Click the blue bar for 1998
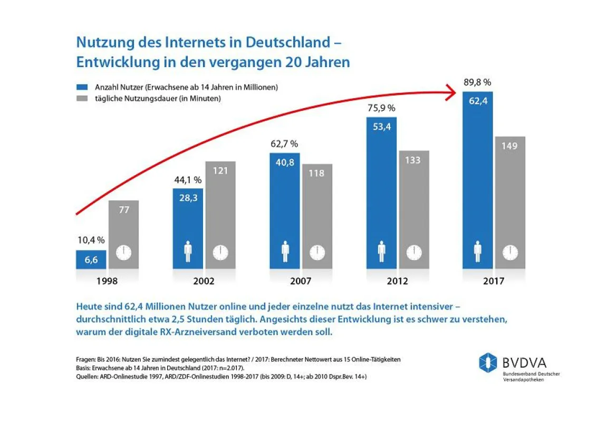click(x=91, y=260)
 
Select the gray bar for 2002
click(x=220, y=215)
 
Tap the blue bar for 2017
click(x=478, y=180)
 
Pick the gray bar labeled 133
click(x=414, y=210)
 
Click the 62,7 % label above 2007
click(x=284, y=144)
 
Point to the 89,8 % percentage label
click(x=477, y=82)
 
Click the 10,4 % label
click(x=91, y=241)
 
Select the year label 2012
click(x=397, y=281)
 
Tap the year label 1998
click(x=107, y=281)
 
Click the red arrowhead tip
click(x=455, y=92)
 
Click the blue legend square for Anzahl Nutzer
click(x=82, y=87)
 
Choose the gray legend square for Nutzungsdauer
click(x=82, y=98)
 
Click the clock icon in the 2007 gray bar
click(x=317, y=253)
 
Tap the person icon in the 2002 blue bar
click(x=188, y=252)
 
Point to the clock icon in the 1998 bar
click(x=123, y=253)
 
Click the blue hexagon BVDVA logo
click(x=488, y=362)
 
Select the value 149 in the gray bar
click(x=509, y=146)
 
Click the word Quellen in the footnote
click(x=87, y=377)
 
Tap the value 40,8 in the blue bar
click(x=285, y=162)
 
